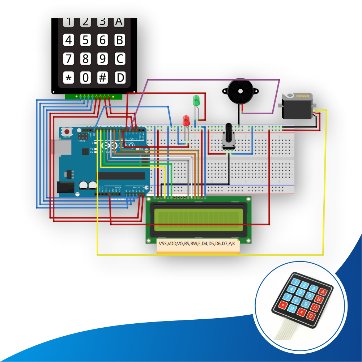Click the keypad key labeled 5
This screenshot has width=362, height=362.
85,40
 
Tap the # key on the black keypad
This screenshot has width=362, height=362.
103,77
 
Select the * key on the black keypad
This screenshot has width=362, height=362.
68,77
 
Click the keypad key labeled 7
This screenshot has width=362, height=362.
68,58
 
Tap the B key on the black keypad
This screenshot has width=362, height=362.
120,40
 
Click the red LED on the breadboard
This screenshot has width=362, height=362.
186,120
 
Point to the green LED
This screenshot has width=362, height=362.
196,100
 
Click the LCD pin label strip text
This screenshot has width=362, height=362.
197,244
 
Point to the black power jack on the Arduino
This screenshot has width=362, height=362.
65,187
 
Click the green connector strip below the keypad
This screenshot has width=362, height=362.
93,97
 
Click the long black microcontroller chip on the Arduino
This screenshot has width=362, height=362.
123,176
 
